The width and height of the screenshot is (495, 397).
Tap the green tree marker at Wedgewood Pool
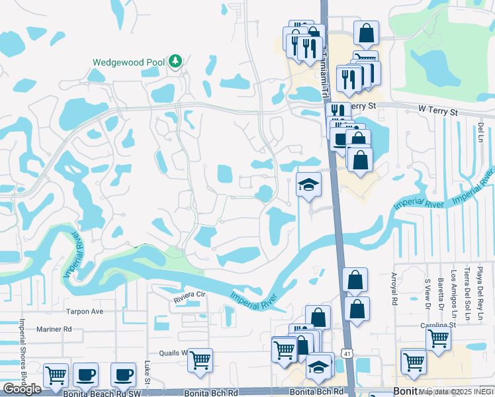(175, 62)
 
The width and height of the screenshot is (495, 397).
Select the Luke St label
(147, 372)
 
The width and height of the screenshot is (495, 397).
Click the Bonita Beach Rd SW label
(93, 393)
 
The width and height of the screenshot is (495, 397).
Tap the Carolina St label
(439, 326)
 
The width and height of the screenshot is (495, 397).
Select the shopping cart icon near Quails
(200, 361)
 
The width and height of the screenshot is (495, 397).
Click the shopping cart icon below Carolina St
(438, 339)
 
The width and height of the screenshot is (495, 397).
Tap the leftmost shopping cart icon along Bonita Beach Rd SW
(56, 375)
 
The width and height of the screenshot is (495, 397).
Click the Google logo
(22, 389)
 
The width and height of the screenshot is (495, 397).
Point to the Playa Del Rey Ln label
(481, 285)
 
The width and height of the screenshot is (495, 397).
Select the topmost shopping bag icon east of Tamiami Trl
(366, 32)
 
